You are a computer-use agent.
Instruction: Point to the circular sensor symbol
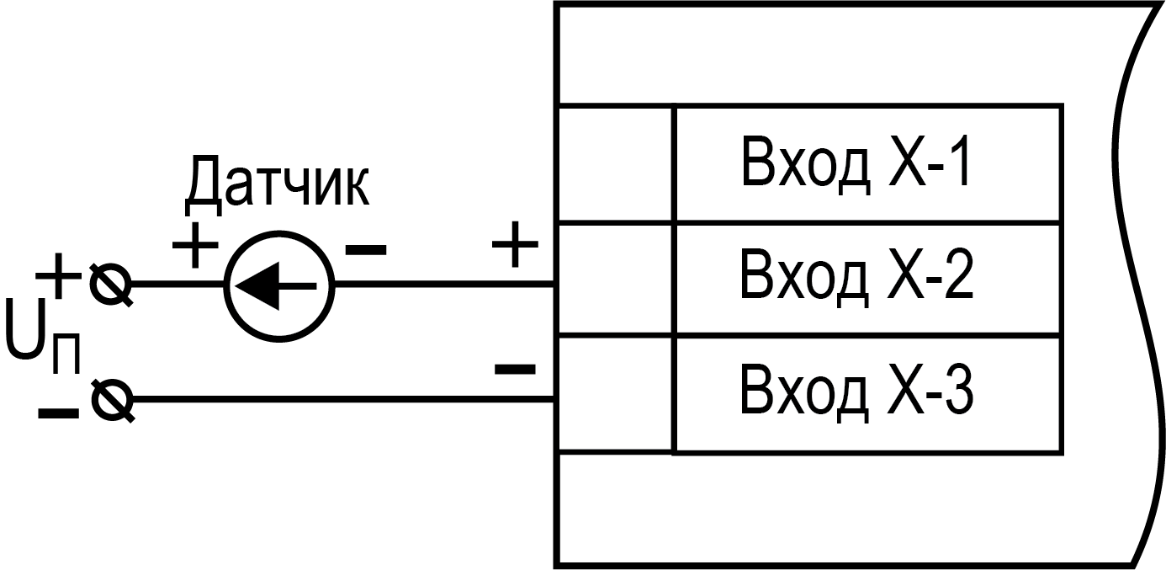(x=279, y=286)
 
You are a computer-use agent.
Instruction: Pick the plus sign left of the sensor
(x=195, y=247)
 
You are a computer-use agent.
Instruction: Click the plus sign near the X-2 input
(x=515, y=247)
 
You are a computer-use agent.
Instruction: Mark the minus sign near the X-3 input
(x=515, y=368)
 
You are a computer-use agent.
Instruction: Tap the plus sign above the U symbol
(x=59, y=275)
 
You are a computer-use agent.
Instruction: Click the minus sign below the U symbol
(x=57, y=412)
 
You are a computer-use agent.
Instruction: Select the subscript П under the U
(x=66, y=356)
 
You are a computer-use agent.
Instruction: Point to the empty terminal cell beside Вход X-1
(x=615, y=164)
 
